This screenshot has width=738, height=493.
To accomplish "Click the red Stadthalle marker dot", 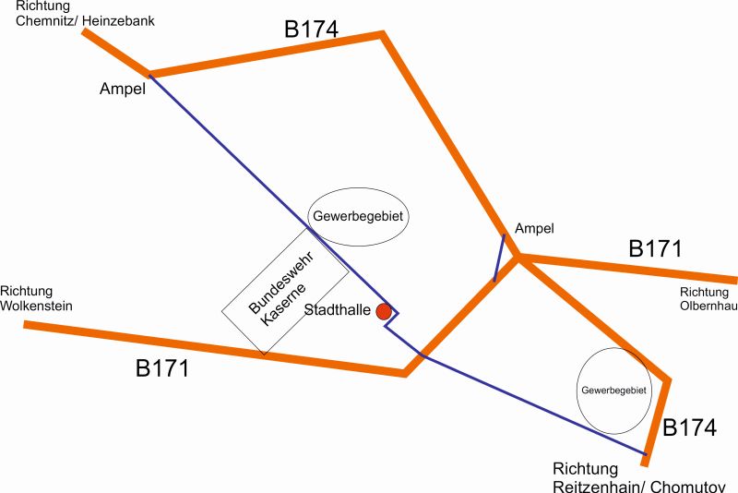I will pyautogui.click(x=385, y=312).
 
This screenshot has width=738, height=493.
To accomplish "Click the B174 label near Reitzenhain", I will pyautogui.click(x=690, y=428).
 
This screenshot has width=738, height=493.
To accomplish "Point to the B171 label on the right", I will pyautogui.click(x=655, y=248).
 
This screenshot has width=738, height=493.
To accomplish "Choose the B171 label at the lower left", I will pyautogui.click(x=162, y=368).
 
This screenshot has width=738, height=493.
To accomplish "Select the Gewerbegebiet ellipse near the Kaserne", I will pyautogui.click(x=358, y=217).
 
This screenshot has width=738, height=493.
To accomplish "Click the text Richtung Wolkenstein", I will pyautogui.click(x=36, y=298).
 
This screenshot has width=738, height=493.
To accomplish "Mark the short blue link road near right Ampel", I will pyautogui.click(x=499, y=258).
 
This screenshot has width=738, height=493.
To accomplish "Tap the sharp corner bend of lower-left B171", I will pyautogui.click(x=405, y=373).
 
